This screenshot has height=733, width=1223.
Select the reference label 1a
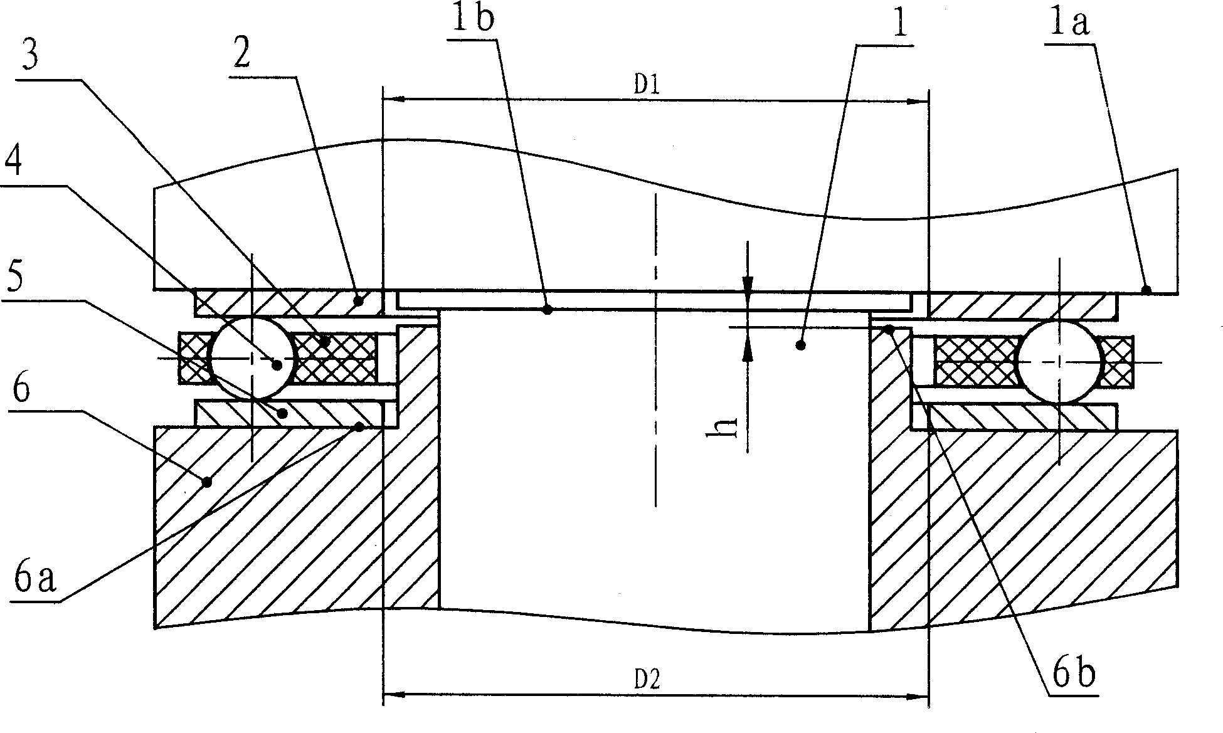tap(1067, 24)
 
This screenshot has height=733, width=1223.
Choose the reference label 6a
tap(35, 579)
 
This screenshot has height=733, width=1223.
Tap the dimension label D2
tap(647, 680)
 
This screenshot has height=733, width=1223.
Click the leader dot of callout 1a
tap(1146, 290)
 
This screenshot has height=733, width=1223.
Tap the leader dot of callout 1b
tap(547, 309)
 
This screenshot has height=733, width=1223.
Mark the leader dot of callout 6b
tap(889, 327)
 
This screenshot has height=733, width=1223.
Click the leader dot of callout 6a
tap(359, 427)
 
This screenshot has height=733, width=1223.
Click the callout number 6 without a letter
tap(20, 390)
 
